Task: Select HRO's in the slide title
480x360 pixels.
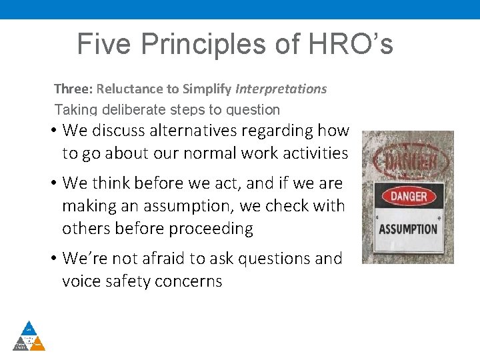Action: click(x=352, y=45)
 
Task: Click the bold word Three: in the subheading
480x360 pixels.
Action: click(x=73, y=89)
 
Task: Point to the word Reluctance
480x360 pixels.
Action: click(x=128, y=89)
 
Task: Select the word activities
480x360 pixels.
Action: click(x=309, y=153)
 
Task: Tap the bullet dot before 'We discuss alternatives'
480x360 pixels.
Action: click(x=52, y=131)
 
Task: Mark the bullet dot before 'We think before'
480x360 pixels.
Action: click(x=52, y=183)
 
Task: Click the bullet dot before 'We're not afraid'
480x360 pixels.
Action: click(x=52, y=258)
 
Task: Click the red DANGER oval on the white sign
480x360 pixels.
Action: click(x=407, y=197)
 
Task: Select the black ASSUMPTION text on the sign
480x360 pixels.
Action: click(x=407, y=229)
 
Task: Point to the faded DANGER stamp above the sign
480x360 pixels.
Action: click(x=408, y=160)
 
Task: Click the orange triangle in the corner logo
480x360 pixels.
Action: click(x=38, y=343)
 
